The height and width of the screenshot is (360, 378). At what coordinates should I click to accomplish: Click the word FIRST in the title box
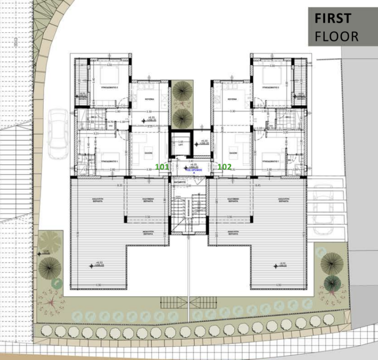click(x=333, y=18)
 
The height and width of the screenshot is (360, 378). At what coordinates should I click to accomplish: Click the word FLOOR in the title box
click(x=336, y=36)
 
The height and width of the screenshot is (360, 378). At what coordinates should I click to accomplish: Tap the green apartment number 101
click(x=162, y=166)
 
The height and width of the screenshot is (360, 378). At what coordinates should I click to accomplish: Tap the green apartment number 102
click(x=225, y=166)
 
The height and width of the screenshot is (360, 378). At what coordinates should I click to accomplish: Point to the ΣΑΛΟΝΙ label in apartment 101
click(x=148, y=152)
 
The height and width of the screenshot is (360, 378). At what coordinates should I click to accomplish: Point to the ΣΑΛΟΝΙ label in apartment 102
click(x=234, y=152)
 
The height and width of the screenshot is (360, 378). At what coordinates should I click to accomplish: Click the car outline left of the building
click(x=58, y=133)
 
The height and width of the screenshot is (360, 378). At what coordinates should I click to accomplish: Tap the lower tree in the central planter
click(x=183, y=115)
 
